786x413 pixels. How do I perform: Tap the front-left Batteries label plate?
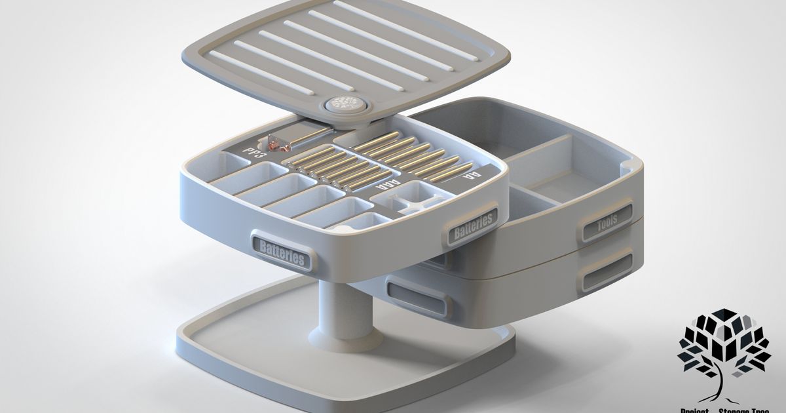pyautogui.click(x=282, y=252)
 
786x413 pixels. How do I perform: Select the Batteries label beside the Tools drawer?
pyautogui.click(x=473, y=222)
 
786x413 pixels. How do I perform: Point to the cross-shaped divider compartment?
pyautogui.click(x=415, y=199)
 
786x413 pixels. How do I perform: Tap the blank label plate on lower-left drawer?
pyautogui.click(x=419, y=299)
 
